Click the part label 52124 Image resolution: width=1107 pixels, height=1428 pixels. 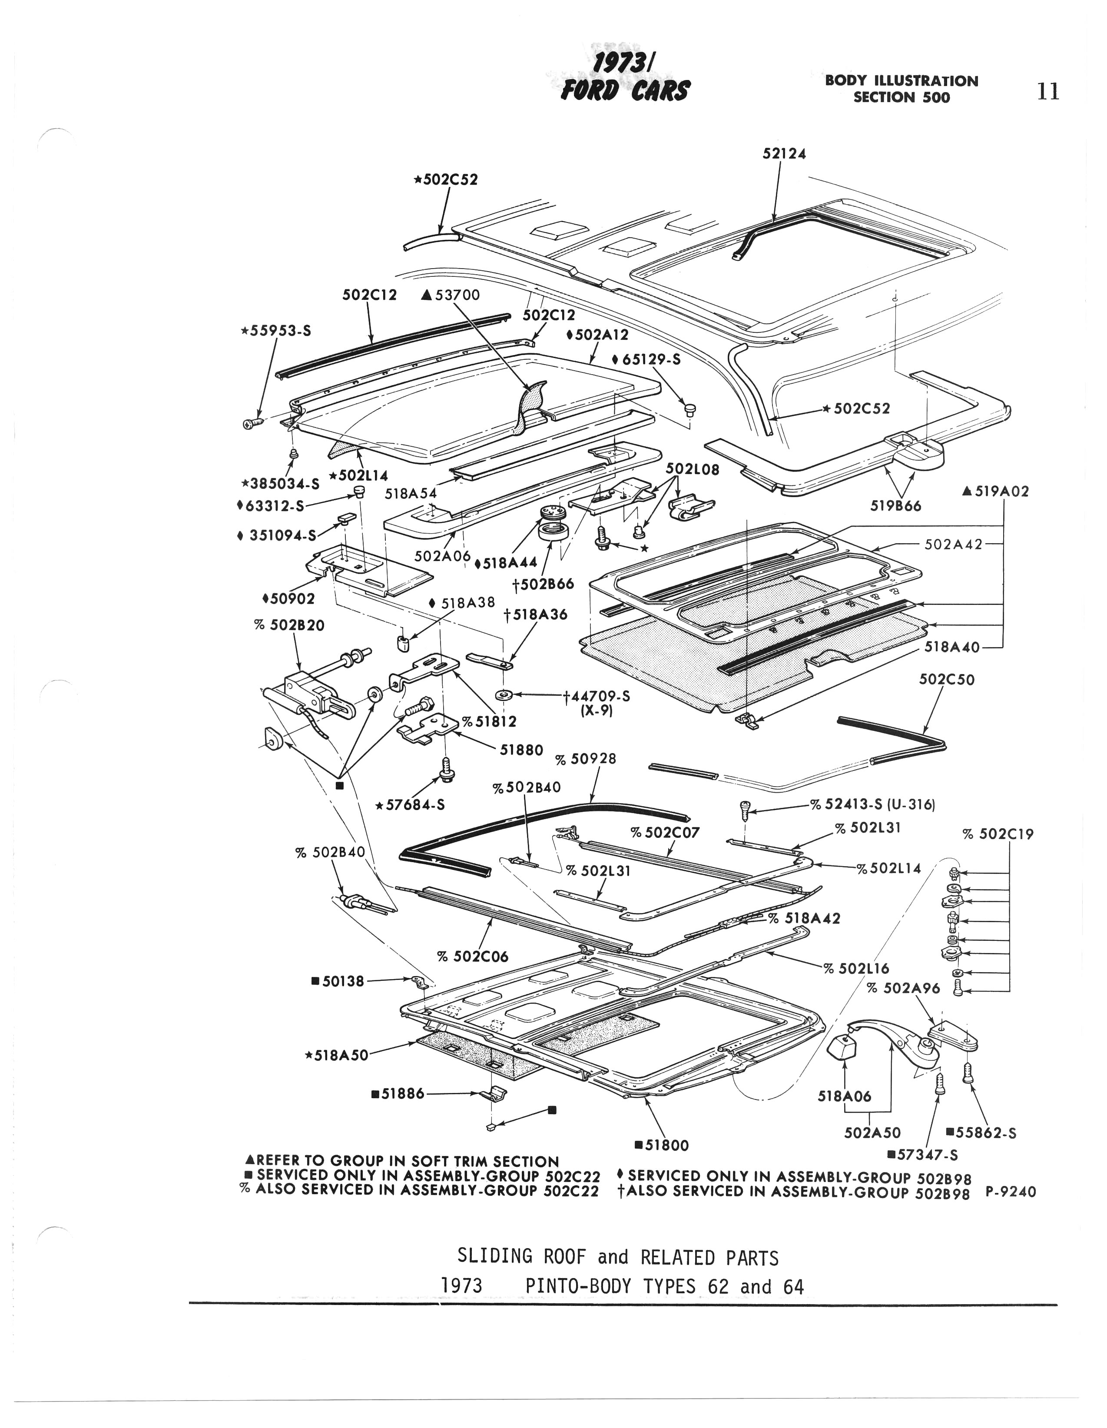[x=784, y=154]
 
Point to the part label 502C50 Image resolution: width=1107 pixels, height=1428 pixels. [x=946, y=680]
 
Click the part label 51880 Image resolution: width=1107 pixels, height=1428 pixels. [x=521, y=750]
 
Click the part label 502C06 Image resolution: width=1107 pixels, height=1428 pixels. [x=472, y=956]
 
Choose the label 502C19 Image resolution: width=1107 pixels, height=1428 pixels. [x=998, y=834]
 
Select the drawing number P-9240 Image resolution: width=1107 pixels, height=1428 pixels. [x=1010, y=1192]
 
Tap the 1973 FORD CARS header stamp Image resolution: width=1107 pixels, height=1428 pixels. [x=624, y=79]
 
